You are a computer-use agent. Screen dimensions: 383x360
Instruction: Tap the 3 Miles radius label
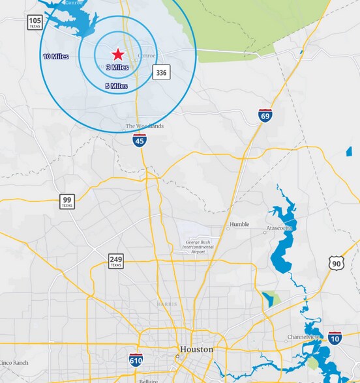tap(117, 67)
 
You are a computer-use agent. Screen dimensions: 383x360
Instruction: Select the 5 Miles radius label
tap(116, 85)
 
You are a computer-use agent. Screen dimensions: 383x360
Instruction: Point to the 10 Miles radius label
tap(56, 57)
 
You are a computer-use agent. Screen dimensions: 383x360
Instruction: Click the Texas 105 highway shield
tap(35, 23)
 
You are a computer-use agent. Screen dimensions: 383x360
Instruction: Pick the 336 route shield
tap(162, 72)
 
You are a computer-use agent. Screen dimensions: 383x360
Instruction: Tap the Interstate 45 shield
tap(139, 140)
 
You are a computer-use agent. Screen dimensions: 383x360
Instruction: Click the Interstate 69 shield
tap(265, 116)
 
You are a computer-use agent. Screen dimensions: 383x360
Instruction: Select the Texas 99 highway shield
tap(67, 201)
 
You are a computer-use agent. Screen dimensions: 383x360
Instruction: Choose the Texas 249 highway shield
tap(115, 262)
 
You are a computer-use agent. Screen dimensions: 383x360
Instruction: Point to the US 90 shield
tap(336, 262)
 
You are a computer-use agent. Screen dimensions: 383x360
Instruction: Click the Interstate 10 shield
tap(335, 337)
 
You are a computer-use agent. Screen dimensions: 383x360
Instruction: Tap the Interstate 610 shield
tap(136, 360)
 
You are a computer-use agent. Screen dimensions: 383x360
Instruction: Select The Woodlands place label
tap(145, 126)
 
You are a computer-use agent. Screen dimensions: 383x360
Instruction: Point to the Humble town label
tap(239, 225)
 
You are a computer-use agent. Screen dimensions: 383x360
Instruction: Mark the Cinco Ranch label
tap(14, 362)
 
